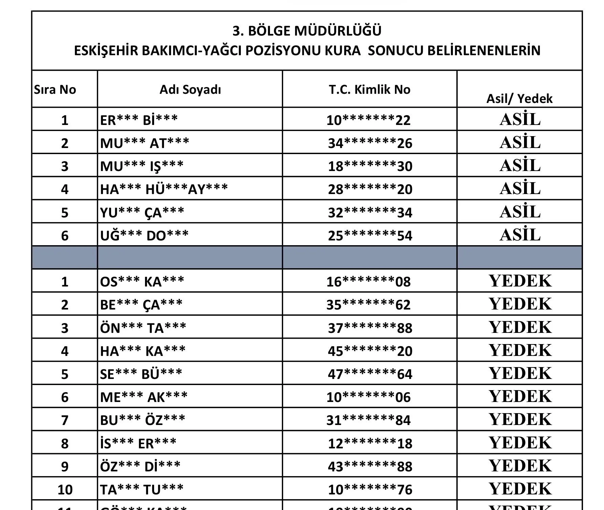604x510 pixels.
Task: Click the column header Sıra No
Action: [x=55, y=89]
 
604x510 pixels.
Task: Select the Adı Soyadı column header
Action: [x=190, y=89]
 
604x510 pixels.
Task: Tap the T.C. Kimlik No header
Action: [x=370, y=89]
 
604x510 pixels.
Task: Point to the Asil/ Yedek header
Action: [x=519, y=99]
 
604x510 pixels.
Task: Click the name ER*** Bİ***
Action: [x=139, y=120]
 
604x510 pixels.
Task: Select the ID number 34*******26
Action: [x=370, y=143]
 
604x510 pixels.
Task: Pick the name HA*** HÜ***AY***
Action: [x=164, y=189]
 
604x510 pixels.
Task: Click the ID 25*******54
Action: [x=370, y=235]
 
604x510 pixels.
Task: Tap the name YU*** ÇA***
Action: [x=142, y=212]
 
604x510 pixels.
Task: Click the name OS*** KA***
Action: [x=142, y=281]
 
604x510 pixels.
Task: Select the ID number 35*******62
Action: [x=368, y=305]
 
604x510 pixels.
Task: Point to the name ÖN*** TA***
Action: [x=143, y=328]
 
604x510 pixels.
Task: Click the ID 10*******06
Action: [x=368, y=397]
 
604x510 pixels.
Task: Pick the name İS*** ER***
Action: [x=138, y=443]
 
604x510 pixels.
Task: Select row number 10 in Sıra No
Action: [x=65, y=489]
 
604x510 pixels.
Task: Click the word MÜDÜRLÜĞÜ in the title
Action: [x=338, y=31]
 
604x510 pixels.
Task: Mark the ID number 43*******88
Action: [x=370, y=466]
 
